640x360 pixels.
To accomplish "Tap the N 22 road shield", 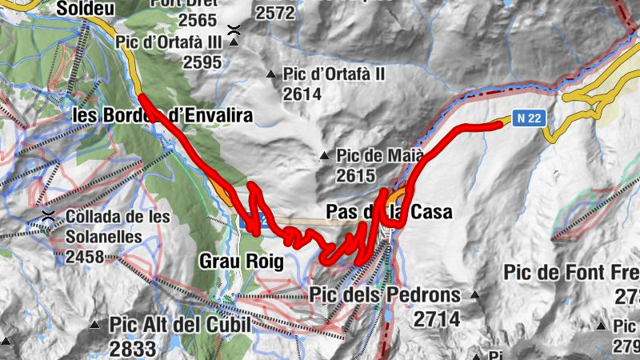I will pyautogui.click(x=529, y=118).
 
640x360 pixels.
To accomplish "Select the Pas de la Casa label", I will pyautogui.click(x=390, y=212).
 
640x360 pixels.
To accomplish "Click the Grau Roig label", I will pyautogui.click(x=242, y=262).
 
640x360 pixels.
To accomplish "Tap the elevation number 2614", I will pyautogui.click(x=302, y=94).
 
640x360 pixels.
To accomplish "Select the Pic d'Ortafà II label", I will pyautogui.click(x=335, y=74).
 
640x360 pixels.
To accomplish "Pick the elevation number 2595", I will pyautogui.click(x=202, y=62).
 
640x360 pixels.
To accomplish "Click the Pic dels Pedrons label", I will pyautogui.click(x=385, y=295).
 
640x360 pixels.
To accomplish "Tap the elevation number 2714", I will pyautogui.click(x=438, y=319).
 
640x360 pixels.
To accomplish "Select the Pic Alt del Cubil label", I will pyautogui.click(x=180, y=325).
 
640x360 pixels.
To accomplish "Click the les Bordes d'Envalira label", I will pyautogui.click(x=162, y=116).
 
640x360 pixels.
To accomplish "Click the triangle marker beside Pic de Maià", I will pyautogui.click(x=324, y=155).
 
